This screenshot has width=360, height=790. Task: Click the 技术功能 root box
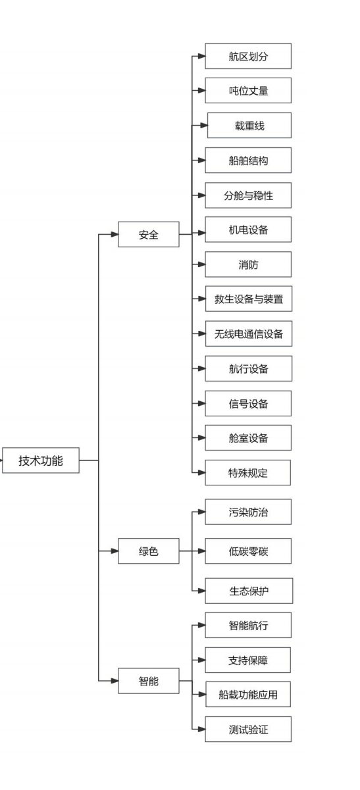pos(41,460)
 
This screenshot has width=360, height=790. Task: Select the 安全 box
pos(149,234)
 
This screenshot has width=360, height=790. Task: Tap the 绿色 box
pos(149,551)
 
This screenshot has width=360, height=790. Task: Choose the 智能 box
pos(149,681)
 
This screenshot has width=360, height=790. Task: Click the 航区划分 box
pos(248,56)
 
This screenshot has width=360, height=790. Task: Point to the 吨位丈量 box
pos(248,90)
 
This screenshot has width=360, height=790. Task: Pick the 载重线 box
pos(249,125)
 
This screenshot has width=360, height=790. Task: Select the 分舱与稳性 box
pos(248,195)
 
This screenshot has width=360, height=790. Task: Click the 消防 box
pos(248,264)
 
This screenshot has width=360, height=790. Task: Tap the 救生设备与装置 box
pos(249,299)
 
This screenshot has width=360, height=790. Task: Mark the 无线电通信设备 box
pos(249,333)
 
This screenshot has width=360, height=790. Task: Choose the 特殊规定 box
pos(247,472)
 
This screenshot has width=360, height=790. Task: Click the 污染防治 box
pos(248,512)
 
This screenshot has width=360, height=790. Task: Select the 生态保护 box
pos(249,591)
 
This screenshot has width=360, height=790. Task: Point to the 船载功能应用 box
pos(248,694)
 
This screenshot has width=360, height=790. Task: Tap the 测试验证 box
pos(248,729)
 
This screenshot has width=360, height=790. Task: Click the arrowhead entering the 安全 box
pos(115,234)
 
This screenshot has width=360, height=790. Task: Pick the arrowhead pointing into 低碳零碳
pos(201,551)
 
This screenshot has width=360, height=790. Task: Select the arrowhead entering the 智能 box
pos(115,681)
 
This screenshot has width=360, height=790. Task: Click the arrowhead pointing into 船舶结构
pos(201,160)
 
